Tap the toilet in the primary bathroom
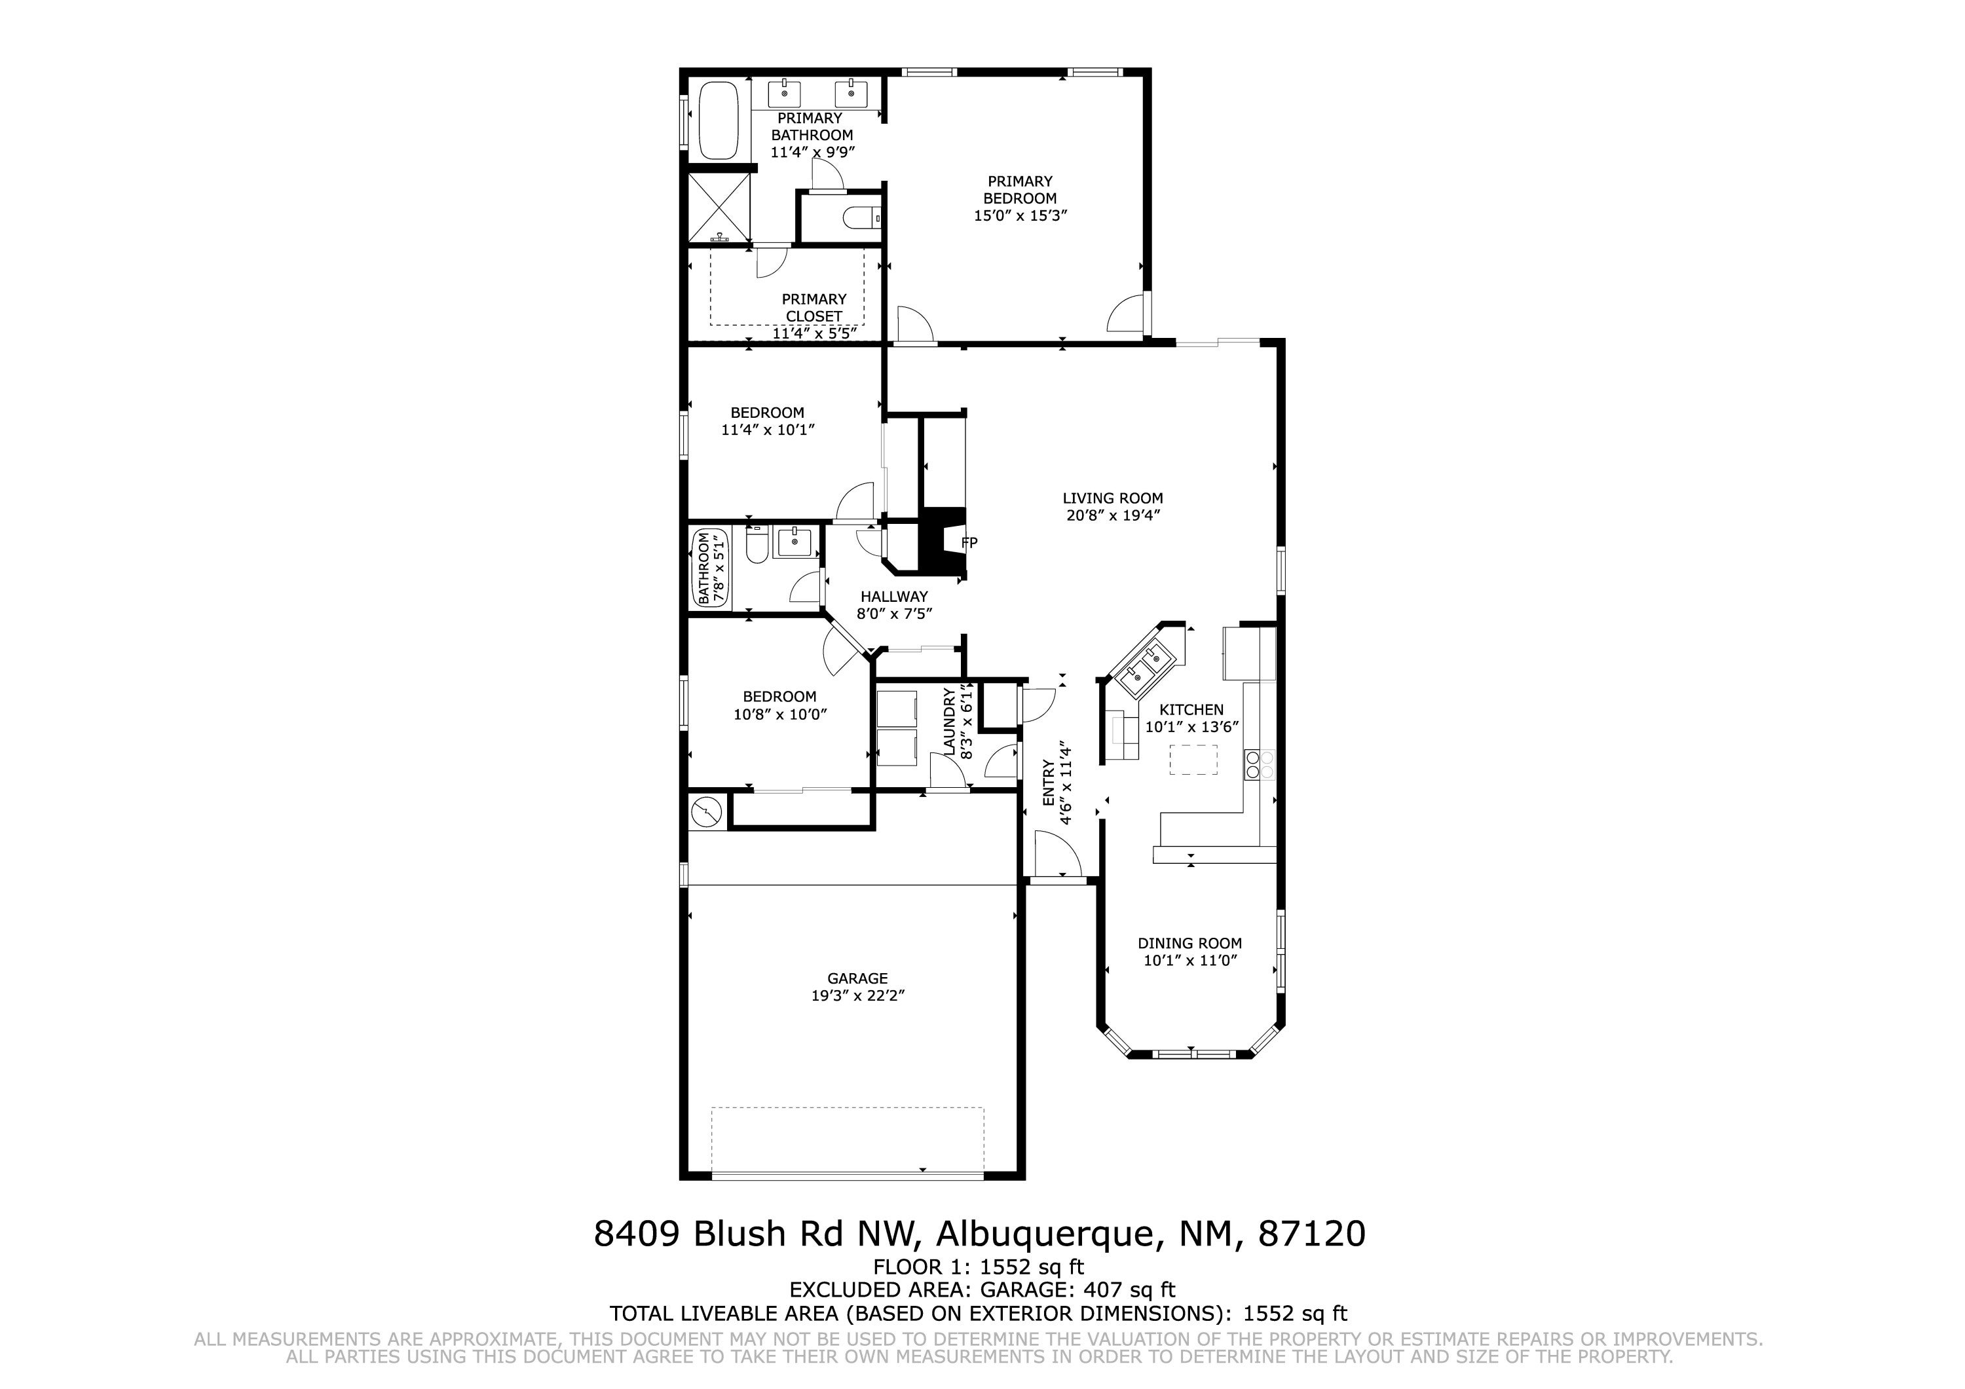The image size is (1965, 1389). coord(860,219)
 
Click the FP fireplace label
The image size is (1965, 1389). coord(969,543)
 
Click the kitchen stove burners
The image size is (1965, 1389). coord(1260,764)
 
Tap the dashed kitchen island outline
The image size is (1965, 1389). coord(1193,760)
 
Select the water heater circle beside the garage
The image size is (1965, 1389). coord(707,811)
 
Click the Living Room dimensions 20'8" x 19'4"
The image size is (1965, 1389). coord(1113,516)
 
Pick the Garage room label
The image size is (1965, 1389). coord(857,978)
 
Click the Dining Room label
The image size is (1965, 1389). coord(1189,943)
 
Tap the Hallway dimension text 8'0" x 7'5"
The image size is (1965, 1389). coord(894,614)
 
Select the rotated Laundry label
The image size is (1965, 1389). coord(948,722)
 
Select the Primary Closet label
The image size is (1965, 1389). coord(814,308)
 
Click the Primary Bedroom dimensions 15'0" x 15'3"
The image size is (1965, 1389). coord(1020,215)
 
